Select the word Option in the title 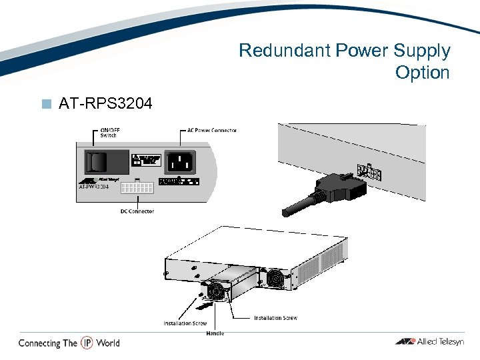[422, 72]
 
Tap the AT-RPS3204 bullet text [105, 103]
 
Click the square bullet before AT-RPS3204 [46, 104]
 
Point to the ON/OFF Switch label [109, 133]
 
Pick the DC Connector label [137, 211]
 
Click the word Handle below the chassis [215, 333]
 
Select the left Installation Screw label [185, 323]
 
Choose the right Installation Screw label [275, 318]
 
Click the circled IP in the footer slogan [87, 343]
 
